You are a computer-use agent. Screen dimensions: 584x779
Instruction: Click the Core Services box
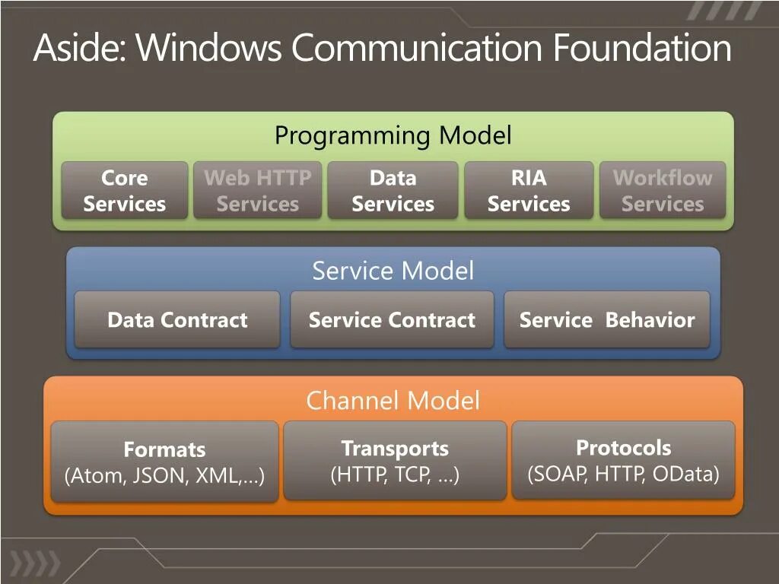[124, 191]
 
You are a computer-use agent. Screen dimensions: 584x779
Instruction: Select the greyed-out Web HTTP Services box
[258, 191]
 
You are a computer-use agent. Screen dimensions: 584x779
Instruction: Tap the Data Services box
[393, 191]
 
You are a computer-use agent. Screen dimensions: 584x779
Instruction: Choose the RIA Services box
[529, 191]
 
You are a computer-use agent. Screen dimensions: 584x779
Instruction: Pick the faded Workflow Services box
[663, 191]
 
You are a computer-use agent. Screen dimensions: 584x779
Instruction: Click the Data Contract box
[177, 320]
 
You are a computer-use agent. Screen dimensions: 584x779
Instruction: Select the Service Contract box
[392, 320]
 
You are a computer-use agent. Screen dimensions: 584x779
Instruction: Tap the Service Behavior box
[607, 320]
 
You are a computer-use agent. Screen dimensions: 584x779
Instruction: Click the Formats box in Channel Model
[164, 462]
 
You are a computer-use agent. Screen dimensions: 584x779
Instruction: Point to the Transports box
[395, 461]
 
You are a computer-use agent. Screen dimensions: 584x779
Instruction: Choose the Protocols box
[623, 460]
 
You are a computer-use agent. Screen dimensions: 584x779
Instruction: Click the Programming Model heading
[393, 136]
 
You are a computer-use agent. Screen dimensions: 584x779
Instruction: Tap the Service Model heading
[393, 271]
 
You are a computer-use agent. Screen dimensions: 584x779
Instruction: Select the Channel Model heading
[393, 401]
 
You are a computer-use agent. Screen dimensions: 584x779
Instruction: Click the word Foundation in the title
[642, 48]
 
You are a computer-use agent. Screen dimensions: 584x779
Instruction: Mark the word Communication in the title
[418, 48]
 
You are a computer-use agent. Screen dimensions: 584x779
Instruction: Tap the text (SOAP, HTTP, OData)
[623, 474]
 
